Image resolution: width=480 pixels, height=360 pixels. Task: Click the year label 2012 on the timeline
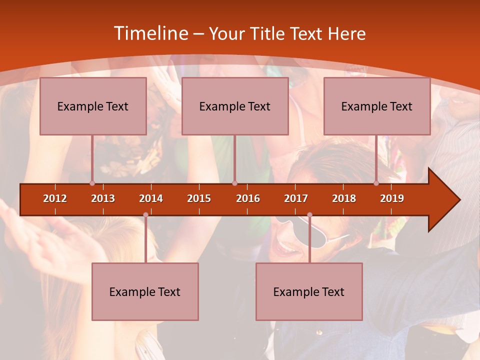pos(55,198)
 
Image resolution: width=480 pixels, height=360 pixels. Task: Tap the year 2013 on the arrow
pos(103,198)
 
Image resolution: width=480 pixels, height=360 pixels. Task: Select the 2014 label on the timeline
pos(151,198)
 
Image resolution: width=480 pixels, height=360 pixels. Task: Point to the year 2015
pos(199,198)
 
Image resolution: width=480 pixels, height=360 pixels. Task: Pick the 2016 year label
pos(248,198)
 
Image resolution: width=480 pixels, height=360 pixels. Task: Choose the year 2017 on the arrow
pos(296,198)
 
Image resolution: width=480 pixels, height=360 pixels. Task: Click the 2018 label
pos(344,198)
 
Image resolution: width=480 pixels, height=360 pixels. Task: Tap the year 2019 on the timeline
pos(392,198)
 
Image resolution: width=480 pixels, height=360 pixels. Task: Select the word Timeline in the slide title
pos(150,33)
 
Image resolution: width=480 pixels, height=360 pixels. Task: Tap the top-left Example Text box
pos(93,106)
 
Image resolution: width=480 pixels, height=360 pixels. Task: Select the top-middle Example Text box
pos(235,106)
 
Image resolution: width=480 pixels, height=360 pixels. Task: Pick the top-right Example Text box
pos(377,106)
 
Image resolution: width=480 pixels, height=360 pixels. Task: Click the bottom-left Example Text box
pos(145,291)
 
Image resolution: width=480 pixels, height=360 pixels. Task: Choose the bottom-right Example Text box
pos(309,291)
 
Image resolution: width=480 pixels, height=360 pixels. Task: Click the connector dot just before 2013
pos(92,183)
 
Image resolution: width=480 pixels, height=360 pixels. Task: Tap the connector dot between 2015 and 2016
pos(234,183)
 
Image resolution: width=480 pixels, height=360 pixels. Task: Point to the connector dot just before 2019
pos(376,183)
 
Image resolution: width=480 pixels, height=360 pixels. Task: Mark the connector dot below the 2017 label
pos(309,215)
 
